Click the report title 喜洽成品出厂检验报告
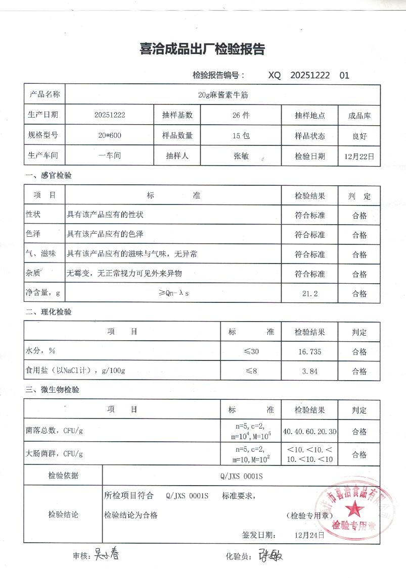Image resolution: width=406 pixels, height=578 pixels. click(202, 49)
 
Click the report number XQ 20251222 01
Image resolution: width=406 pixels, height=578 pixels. click(308, 75)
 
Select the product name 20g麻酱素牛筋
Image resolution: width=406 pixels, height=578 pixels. click(222, 94)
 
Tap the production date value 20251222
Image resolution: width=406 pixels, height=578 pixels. click(110, 115)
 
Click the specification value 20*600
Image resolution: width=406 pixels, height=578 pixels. click(110, 135)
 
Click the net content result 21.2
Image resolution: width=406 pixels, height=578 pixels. click(309, 293)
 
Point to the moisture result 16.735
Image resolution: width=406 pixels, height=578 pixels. click(309, 351)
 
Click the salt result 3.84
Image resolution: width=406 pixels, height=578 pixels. click(309, 371)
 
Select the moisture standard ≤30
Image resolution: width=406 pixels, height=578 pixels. click(251, 351)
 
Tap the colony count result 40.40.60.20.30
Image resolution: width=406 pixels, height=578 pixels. click(309, 432)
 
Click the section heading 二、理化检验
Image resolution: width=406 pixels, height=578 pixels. click(49, 312)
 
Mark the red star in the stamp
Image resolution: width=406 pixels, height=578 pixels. click(355, 507)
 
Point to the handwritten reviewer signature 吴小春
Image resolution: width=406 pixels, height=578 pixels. click(108, 555)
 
